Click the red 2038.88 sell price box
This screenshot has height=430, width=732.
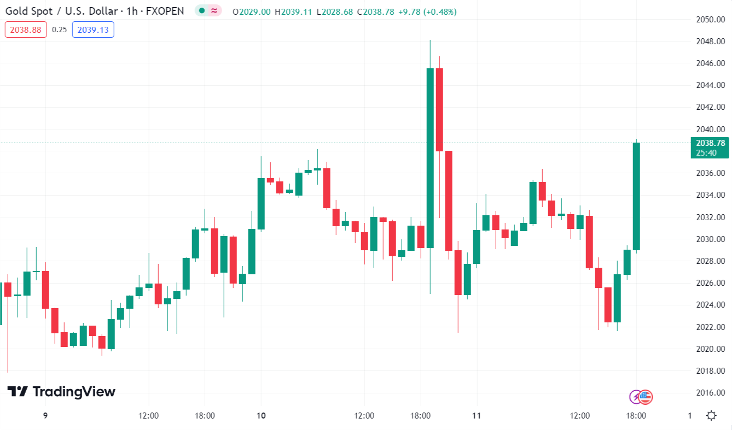click(x=26, y=30)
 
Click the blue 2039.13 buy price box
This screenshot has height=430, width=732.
click(x=93, y=30)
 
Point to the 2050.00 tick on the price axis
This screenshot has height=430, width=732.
click(x=710, y=20)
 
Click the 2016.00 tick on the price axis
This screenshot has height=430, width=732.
click(x=710, y=393)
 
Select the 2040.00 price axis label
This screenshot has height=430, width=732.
click(x=710, y=129)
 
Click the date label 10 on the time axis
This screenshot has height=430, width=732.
click(x=261, y=416)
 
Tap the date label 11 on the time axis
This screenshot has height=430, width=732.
click(x=477, y=416)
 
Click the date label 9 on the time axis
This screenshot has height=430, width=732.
click(x=45, y=416)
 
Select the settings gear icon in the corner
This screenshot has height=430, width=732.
click(x=711, y=416)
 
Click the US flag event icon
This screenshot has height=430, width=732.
click(x=646, y=397)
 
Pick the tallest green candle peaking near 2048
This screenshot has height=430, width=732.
click(x=430, y=158)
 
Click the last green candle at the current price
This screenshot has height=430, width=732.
click(x=636, y=196)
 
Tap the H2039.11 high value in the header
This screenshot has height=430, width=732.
click(x=294, y=11)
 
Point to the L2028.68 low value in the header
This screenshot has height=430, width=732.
click(x=335, y=11)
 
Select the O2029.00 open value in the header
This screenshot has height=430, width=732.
click(x=252, y=11)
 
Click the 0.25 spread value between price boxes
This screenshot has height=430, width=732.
click(x=59, y=30)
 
